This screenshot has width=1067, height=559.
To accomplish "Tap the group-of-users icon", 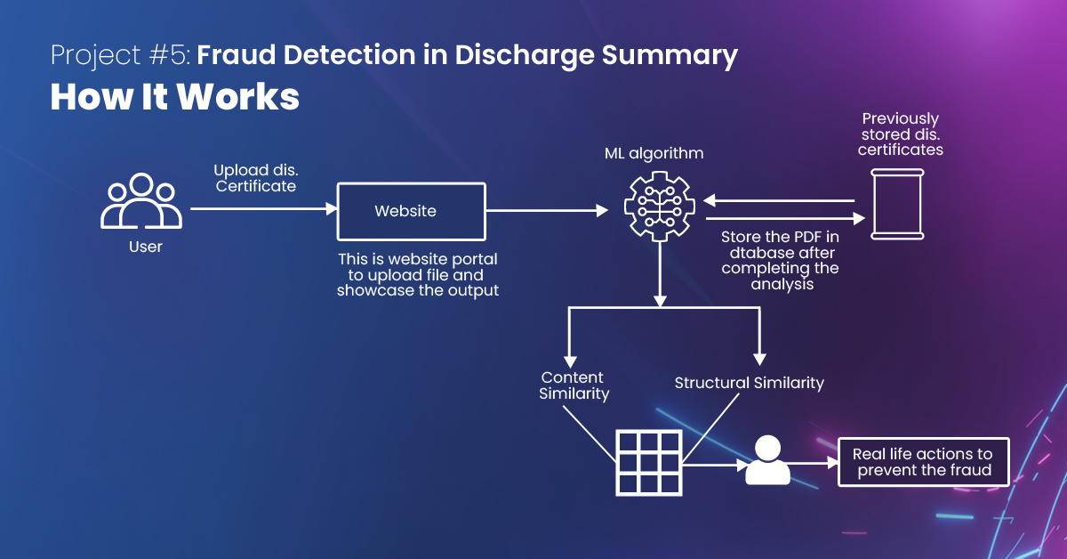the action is click(141, 201).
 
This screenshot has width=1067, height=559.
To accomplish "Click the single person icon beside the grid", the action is click(767, 460).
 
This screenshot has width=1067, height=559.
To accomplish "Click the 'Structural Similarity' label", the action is click(750, 383).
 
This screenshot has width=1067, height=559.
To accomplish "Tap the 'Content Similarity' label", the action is click(574, 385).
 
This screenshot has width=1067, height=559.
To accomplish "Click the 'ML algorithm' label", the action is click(654, 153).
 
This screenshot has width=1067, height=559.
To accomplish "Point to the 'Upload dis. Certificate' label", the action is click(256, 178).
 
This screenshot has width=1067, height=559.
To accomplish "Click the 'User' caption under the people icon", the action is click(146, 247).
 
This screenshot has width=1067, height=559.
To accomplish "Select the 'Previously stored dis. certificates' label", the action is click(900, 134).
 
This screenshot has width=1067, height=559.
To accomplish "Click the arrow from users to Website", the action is click(264, 208).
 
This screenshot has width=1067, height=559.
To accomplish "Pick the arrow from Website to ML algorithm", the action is click(547, 210).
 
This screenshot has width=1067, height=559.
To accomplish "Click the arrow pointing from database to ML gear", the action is click(779, 201).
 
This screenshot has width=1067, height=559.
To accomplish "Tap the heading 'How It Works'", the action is click(175, 97).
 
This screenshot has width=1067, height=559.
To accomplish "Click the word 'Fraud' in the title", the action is click(237, 55).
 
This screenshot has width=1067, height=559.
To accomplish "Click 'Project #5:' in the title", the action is click(121, 56).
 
